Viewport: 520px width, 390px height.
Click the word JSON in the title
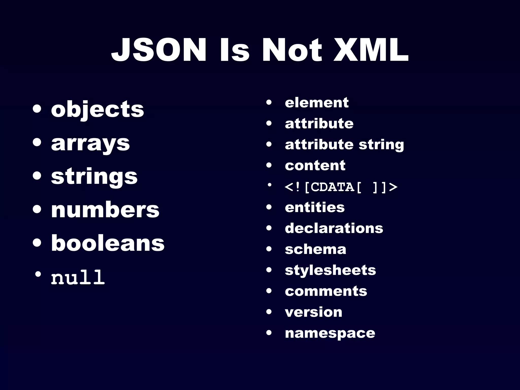[159, 50]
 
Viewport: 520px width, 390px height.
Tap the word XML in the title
[371, 50]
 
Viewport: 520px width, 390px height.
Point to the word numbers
[105, 210]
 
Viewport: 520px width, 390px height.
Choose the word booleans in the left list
[108, 243]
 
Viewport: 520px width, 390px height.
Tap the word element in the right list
[317, 103]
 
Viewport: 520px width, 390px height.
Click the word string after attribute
[381, 145]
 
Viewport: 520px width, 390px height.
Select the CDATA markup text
[341, 187]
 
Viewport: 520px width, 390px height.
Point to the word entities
[315, 207]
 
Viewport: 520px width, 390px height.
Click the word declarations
[334, 228]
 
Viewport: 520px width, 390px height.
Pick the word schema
[316, 249]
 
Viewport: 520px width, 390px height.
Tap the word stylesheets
[330, 270]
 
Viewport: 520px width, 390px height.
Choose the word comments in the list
[326, 291]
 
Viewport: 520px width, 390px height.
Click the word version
[314, 312]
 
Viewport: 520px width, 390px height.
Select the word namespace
[330, 333]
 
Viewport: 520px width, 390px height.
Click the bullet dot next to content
[269, 166]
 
